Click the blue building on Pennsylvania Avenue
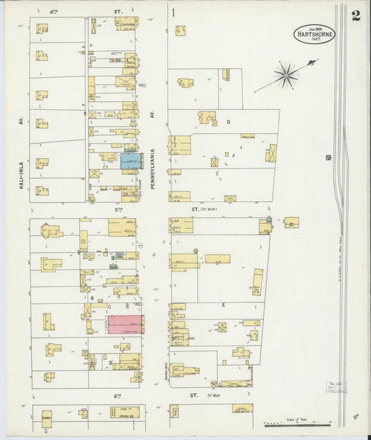131,161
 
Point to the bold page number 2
356,15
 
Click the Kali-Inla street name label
22,171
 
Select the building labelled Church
47,419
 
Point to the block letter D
228,122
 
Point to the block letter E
223,305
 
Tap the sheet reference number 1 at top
173,12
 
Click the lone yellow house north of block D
180,30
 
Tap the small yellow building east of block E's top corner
292,222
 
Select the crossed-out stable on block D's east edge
271,152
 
